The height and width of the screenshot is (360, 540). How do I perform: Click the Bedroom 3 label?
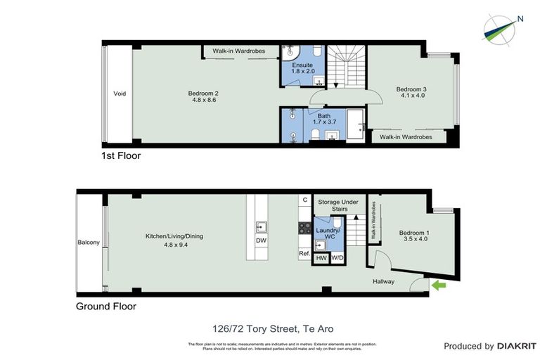click(411, 93)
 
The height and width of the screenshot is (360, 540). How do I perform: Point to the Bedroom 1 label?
click(413, 236)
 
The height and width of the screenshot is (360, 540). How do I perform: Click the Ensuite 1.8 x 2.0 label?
click(303, 68)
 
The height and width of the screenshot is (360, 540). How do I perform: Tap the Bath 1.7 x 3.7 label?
click(323, 120)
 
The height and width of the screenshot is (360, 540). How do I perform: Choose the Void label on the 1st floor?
click(120, 94)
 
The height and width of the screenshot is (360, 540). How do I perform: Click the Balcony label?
click(89, 243)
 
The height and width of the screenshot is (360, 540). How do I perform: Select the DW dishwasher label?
click(261, 240)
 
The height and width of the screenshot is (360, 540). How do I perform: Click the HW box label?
click(321, 258)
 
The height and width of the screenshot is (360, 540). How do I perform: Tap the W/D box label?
click(337, 258)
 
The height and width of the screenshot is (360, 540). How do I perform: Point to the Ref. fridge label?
click(304, 254)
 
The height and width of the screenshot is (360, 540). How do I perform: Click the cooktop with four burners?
click(306, 228)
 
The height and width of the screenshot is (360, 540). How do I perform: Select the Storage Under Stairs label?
click(338, 205)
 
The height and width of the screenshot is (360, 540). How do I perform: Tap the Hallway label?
click(383, 282)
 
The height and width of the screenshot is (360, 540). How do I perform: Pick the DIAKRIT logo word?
click(516, 346)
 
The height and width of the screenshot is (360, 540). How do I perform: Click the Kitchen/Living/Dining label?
click(174, 241)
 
